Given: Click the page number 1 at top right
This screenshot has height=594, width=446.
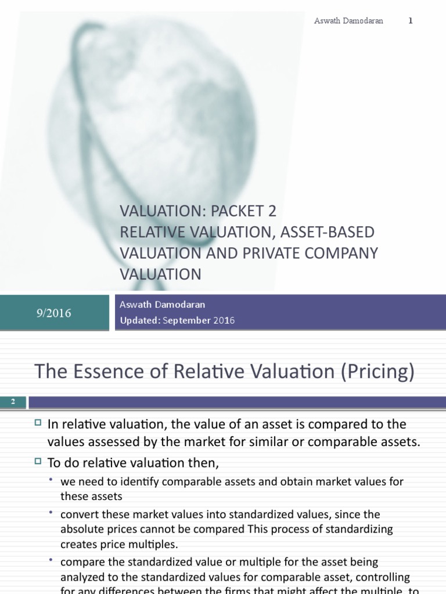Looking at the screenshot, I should [x=411, y=21].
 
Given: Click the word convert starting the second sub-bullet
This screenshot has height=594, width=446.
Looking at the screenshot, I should [x=78, y=514].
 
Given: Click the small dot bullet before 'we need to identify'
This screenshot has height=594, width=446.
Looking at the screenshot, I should [x=52, y=480].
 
